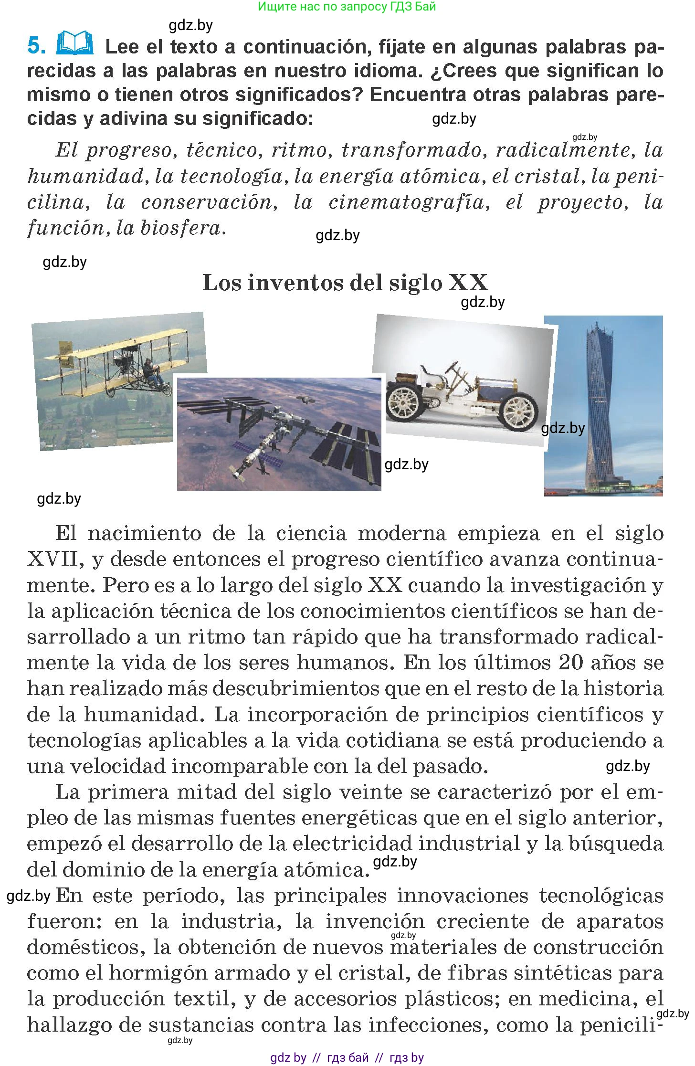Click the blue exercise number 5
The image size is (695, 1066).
click(x=36, y=46)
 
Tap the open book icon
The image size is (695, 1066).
click(x=75, y=43)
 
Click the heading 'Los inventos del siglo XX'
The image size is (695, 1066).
click(x=345, y=283)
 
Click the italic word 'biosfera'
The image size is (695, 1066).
click(x=182, y=228)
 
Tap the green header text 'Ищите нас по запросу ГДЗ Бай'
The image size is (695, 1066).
click(x=347, y=7)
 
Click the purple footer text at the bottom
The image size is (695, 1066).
click(x=347, y=1057)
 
